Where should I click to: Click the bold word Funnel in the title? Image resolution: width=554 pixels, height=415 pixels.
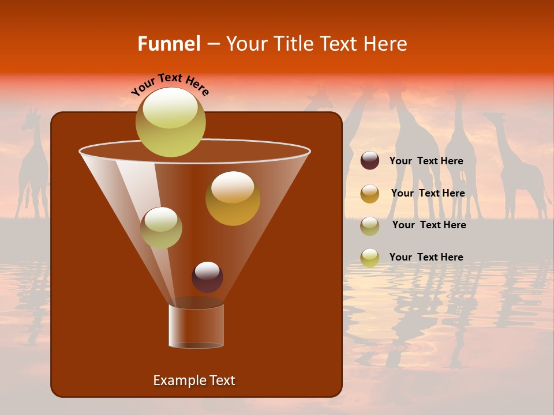coord(169,44)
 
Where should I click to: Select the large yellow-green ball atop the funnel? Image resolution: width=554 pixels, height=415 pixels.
coord(171,122)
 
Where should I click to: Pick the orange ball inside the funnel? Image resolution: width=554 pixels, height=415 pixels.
coord(233,198)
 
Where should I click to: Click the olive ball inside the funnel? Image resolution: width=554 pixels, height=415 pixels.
coord(161,228)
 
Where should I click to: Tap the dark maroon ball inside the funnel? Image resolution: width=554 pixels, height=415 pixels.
coord(207,277)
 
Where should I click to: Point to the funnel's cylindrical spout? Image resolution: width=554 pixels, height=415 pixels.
coord(196,326)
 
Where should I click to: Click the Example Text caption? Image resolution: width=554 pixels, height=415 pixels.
coord(194,380)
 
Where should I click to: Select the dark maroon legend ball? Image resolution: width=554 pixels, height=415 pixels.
coord(370,161)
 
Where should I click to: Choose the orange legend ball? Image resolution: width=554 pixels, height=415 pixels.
coord(370,194)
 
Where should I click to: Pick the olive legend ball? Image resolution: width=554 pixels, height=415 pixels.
coord(370,226)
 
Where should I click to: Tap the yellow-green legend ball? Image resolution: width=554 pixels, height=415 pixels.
coord(370,258)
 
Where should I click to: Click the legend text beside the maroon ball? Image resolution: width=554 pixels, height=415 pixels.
coord(426,161)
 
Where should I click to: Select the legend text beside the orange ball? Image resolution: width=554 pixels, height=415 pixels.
coord(428,193)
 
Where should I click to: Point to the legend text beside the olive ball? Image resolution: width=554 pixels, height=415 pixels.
coord(429,225)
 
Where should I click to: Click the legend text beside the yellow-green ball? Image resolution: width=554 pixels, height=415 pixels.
coord(426,257)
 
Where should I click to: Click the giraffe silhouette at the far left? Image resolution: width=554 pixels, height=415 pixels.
coord(33,167)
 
